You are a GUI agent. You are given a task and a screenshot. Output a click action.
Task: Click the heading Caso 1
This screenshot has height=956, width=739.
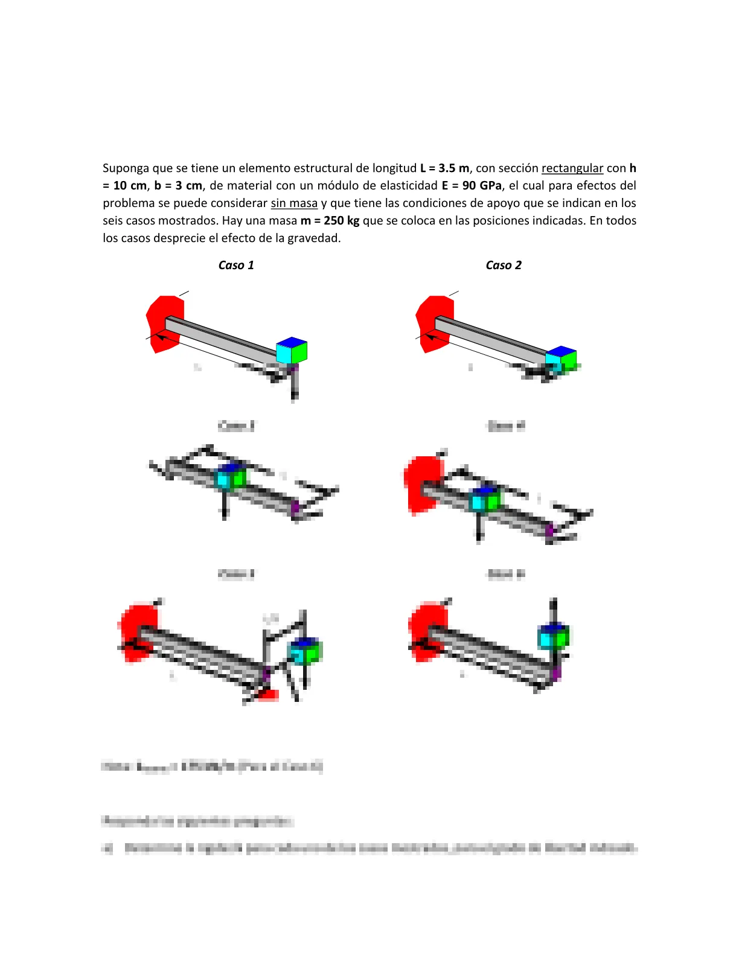(x=236, y=265)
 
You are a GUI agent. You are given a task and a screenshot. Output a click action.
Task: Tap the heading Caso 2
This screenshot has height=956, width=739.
(x=504, y=265)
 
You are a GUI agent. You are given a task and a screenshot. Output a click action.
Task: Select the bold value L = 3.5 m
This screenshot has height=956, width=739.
(x=444, y=168)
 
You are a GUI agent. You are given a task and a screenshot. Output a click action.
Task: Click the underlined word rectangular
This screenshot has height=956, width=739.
(x=572, y=168)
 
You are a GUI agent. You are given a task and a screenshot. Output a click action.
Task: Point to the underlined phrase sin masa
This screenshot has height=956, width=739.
(x=294, y=203)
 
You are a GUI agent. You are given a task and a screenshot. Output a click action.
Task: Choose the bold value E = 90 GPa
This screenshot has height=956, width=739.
(x=471, y=186)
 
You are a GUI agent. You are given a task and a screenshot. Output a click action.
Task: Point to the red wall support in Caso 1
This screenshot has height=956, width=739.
(x=160, y=323)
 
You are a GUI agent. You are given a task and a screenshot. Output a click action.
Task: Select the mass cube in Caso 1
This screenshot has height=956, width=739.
(x=292, y=351)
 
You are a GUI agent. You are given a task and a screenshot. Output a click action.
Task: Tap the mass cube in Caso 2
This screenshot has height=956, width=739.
(x=561, y=359)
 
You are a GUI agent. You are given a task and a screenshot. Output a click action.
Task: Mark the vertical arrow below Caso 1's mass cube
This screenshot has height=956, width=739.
(x=294, y=386)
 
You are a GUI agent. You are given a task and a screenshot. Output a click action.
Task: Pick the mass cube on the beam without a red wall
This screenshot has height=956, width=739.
(x=231, y=477)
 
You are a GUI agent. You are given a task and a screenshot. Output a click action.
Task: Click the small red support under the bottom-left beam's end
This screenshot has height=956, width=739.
(x=267, y=695)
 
